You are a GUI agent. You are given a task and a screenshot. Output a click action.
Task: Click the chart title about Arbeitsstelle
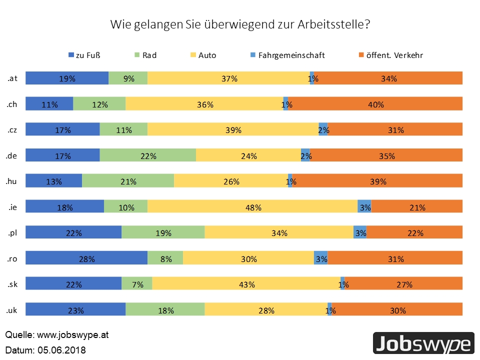pos(240,24)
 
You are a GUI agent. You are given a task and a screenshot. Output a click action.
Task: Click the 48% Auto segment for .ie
pos(252,207)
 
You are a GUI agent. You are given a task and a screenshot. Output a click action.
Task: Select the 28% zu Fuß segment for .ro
pos(86,258)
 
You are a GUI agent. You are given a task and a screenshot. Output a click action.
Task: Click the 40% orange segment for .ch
pos(375,104)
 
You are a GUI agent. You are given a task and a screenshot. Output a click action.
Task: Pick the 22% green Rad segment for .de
pos(147,155)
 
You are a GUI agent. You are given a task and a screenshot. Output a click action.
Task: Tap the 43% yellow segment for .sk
pos(246,284)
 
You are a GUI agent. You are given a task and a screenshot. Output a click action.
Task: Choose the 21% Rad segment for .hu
pos(128,181)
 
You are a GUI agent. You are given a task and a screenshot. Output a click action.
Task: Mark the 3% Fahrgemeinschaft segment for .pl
pos(360,232)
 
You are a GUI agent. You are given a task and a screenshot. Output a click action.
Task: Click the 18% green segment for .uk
pos(165,310)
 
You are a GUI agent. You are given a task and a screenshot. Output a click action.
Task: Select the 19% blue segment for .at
pos(67,78)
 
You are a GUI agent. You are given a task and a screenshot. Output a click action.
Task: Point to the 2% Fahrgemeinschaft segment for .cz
pos(323,129)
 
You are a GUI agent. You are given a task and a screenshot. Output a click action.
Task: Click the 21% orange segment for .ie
pos(416,207)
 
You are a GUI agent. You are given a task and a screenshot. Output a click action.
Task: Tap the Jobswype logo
pos(423,344)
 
